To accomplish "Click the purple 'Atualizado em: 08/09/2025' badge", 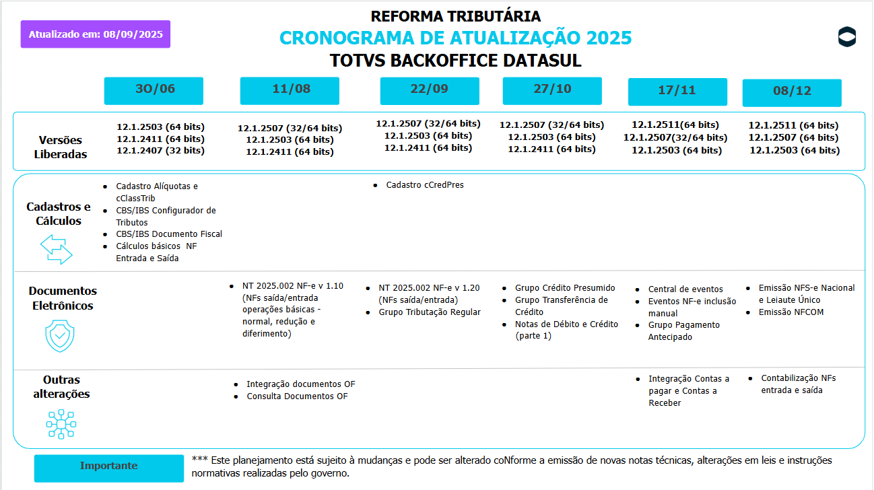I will tap(95, 34).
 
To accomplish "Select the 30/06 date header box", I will tap(154, 91).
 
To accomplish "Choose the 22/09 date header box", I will tap(430, 91).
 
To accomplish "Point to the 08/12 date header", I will tap(792, 93).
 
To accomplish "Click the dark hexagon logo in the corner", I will tap(847, 37).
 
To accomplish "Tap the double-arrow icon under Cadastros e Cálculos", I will tap(57, 248).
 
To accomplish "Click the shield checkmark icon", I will tap(60, 336).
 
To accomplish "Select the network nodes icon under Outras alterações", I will tap(61, 424).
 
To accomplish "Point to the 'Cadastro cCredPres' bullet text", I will tap(424, 184).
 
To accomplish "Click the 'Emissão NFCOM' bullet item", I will tap(791, 312).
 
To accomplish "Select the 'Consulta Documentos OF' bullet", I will tap(297, 396).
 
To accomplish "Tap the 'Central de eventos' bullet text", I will tap(685, 289).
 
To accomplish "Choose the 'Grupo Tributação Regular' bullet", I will tap(430, 312).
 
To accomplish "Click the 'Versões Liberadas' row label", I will tap(60, 147).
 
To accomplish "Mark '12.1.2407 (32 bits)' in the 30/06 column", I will tap(160, 151).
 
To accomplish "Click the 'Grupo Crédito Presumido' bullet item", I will tap(565, 288).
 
